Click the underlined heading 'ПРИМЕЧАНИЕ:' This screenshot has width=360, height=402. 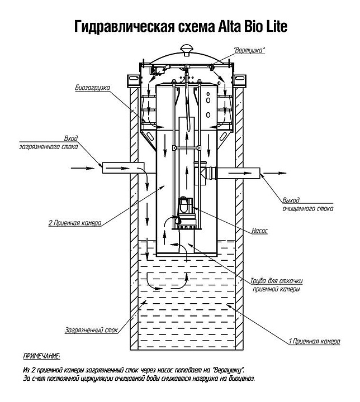click(x=41, y=356)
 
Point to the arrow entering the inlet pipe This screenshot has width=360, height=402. click(x=83, y=166)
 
